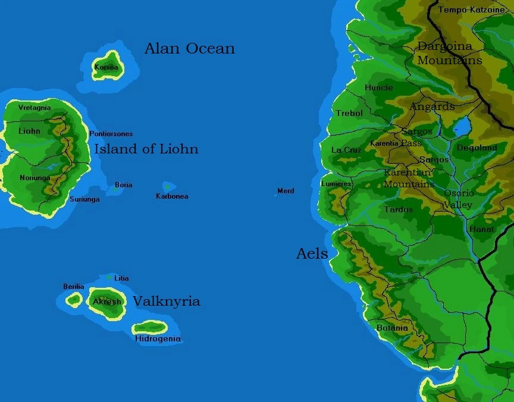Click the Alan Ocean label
coord(189,49)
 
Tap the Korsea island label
coord(106,67)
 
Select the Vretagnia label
coord(35,108)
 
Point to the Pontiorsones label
coord(111,134)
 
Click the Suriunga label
coord(84,199)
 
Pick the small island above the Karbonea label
coord(168,187)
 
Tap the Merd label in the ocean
coord(286,191)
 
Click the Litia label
coord(121,278)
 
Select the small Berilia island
coord(74,300)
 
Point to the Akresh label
coord(107,301)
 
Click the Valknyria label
coord(166,301)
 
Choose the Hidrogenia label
coord(158,339)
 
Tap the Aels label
coord(312,254)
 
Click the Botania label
coord(392,328)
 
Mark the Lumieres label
coord(336,184)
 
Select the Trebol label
coord(349,113)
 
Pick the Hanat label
coord(482,229)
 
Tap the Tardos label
coord(399,209)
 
